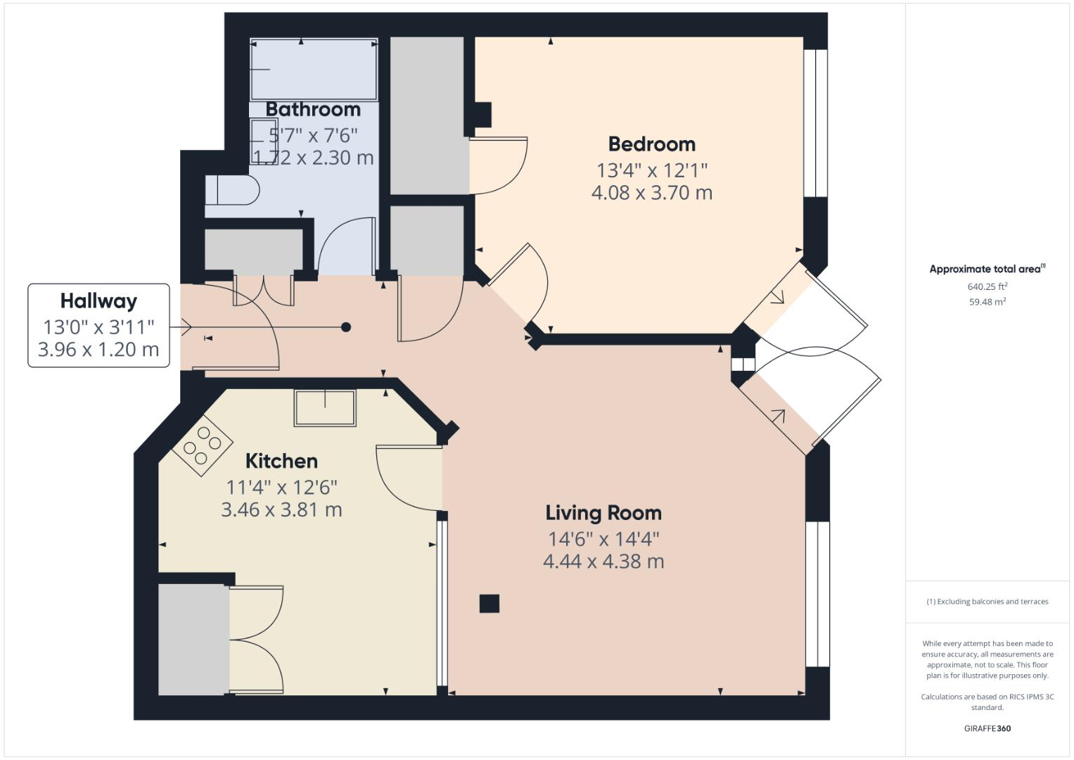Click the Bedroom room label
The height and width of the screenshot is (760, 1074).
click(651, 144)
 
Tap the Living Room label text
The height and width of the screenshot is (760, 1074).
click(603, 513)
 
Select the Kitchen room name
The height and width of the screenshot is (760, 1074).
click(281, 462)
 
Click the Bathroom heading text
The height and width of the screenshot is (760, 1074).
click(313, 110)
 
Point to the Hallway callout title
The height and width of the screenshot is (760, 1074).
click(98, 301)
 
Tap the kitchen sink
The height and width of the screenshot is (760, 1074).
click(325, 407)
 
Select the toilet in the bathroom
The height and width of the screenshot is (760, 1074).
click(232, 190)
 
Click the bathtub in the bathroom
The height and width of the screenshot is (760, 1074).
click(314, 69)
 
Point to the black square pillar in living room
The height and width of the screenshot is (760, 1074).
click(490, 603)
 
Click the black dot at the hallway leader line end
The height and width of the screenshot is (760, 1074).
click(346, 327)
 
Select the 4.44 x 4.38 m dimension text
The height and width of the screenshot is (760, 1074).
click(603, 562)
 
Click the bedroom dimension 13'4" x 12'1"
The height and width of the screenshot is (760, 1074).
click(651, 170)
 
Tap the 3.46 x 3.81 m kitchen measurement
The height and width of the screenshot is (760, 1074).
click(281, 509)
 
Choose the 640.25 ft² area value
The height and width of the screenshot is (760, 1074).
click(987, 286)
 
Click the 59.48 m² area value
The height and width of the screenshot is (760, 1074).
click(987, 302)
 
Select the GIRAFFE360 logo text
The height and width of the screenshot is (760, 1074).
click(987, 728)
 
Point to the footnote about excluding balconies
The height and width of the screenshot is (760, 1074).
click(987, 602)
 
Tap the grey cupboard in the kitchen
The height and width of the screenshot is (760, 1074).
click(193, 639)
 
